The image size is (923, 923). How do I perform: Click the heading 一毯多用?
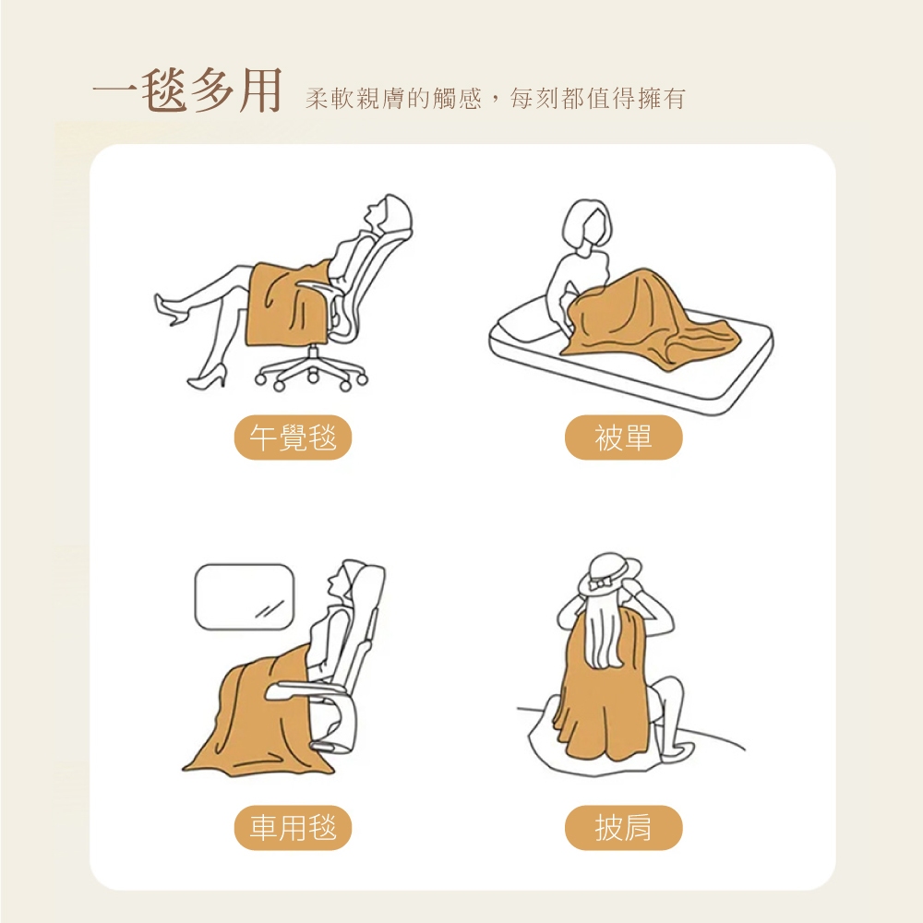click(x=187, y=90)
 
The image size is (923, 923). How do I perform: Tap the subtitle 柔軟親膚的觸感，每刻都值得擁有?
click(x=495, y=99)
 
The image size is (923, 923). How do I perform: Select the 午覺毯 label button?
click(x=294, y=438)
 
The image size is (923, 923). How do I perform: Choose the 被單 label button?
click(x=623, y=438)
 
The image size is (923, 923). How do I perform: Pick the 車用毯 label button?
click(x=294, y=828)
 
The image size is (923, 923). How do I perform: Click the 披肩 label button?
click(x=623, y=828)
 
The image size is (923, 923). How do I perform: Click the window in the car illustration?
click(x=245, y=597)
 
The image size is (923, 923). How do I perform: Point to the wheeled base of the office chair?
click(x=312, y=370)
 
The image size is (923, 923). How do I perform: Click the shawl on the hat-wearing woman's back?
click(x=606, y=689)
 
